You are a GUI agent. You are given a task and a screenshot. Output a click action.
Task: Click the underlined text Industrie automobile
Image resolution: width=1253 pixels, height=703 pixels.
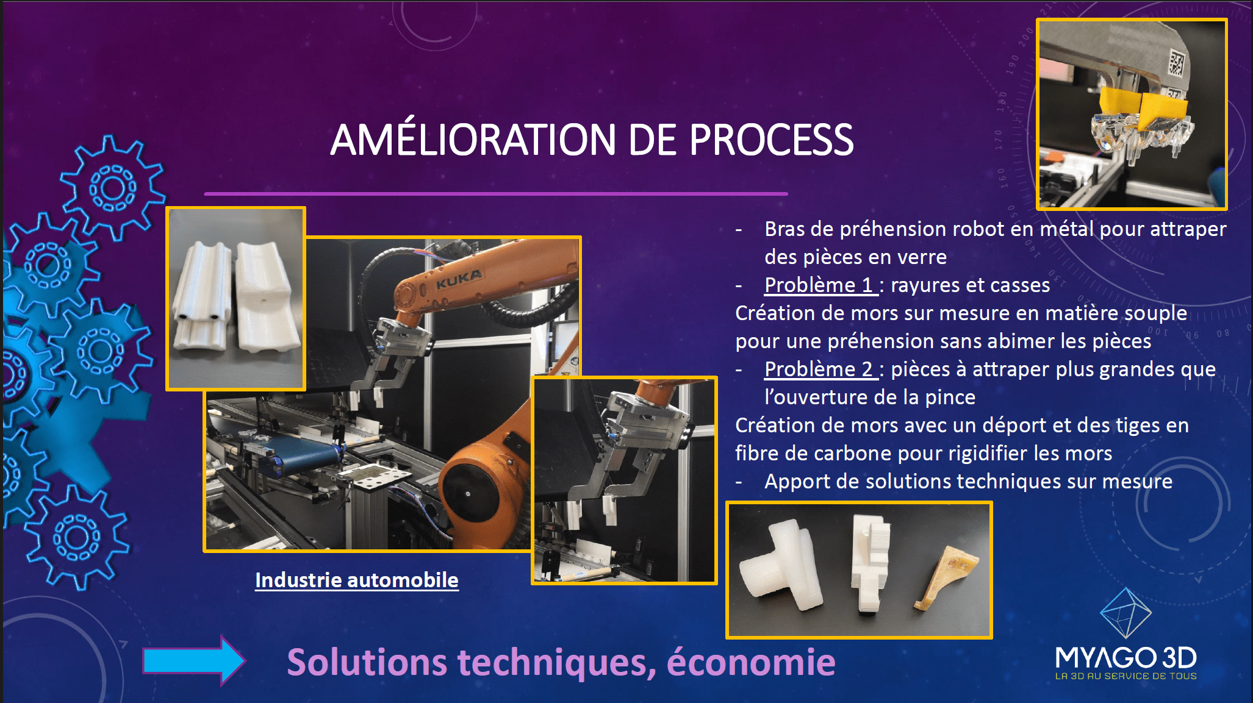(357, 580)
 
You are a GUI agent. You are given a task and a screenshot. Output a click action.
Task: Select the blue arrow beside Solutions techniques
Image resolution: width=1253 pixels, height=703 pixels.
(194, 661)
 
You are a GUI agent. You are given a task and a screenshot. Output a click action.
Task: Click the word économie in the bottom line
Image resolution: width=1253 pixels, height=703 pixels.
(751, 662)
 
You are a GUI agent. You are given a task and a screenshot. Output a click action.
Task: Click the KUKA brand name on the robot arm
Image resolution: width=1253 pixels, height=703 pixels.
(459, 279)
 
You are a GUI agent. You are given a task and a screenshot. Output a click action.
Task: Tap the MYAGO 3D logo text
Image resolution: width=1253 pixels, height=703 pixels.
(1126, 658)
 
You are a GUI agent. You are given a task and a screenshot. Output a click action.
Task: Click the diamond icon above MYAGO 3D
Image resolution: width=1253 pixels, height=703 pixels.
(1126, 613)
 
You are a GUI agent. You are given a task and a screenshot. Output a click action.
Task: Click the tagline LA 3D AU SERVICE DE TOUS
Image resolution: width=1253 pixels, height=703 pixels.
(1126, 676)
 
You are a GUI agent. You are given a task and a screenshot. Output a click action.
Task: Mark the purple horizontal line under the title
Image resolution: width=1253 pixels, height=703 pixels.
(496, 194)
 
